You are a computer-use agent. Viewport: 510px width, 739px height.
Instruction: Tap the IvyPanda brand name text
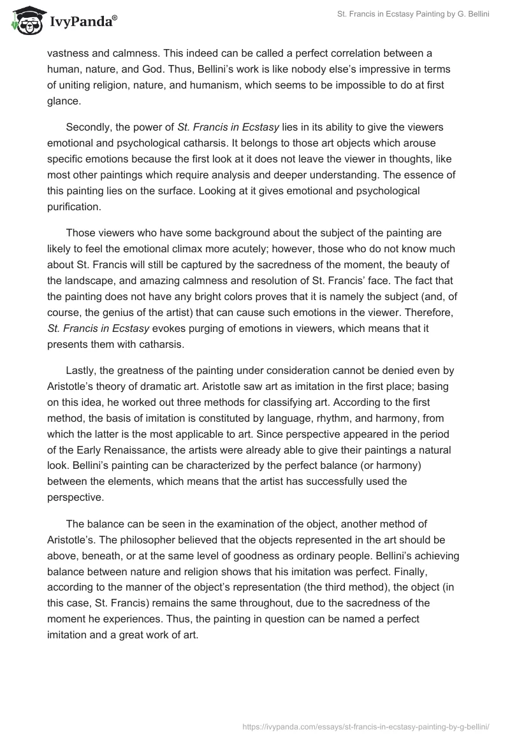click(x=81, y=22)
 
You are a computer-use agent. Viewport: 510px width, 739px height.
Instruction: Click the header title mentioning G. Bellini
click(x=413, y=15)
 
